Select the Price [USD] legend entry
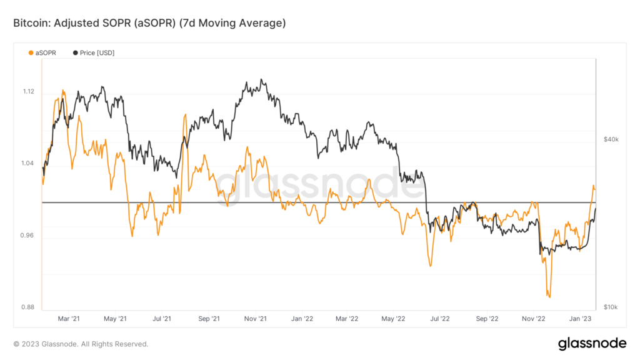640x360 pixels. click(x=94, y=53)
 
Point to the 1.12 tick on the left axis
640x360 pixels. click(x=28, y=92)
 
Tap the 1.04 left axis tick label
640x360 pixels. click(x=28, y=164)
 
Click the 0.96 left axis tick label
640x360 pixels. click(x=28, y=236)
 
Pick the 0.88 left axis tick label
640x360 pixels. click(x=28, y=307)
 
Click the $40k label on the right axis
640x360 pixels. click(x=611, y=139)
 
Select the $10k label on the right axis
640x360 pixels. click(x=611, y=307)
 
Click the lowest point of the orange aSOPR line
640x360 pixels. click(x=549, y=297)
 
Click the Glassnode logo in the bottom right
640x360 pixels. click(x=591, y=343)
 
